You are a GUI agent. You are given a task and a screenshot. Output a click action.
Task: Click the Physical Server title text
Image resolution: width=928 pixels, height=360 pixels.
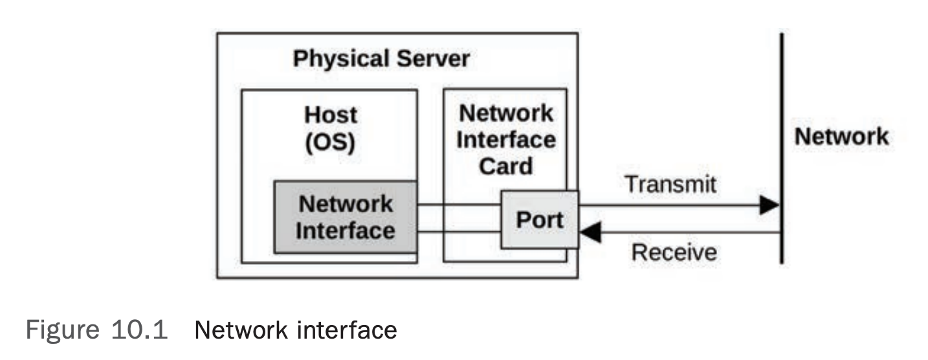381,59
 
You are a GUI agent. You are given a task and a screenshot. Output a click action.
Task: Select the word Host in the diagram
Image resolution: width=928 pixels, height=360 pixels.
331,115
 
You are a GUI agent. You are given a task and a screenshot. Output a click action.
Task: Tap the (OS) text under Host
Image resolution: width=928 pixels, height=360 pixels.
331,142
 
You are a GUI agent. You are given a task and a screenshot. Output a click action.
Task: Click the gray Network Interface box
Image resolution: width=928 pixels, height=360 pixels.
345,217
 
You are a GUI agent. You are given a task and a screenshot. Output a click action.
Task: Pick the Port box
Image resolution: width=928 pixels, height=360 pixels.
540,220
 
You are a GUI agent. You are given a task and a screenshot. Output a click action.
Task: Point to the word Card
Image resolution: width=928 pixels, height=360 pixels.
505,166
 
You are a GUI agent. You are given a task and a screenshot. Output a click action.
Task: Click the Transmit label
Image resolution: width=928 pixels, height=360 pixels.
670,184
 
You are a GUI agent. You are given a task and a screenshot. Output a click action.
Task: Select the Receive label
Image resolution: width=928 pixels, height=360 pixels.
674,252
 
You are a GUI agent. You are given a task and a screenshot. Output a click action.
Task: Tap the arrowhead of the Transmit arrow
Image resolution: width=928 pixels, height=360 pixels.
769,206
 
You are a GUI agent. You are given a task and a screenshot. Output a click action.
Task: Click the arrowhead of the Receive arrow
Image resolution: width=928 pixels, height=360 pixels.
590,232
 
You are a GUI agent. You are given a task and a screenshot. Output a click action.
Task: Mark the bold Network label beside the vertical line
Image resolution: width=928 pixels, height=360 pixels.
841,137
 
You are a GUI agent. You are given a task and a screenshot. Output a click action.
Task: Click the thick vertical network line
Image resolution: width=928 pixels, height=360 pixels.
781,149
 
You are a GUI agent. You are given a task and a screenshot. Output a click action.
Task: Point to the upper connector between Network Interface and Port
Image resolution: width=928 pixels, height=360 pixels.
459,205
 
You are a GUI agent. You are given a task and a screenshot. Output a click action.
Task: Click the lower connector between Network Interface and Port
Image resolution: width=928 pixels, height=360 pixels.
459,231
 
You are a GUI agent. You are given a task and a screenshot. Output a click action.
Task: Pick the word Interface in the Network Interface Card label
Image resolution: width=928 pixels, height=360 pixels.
505,140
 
